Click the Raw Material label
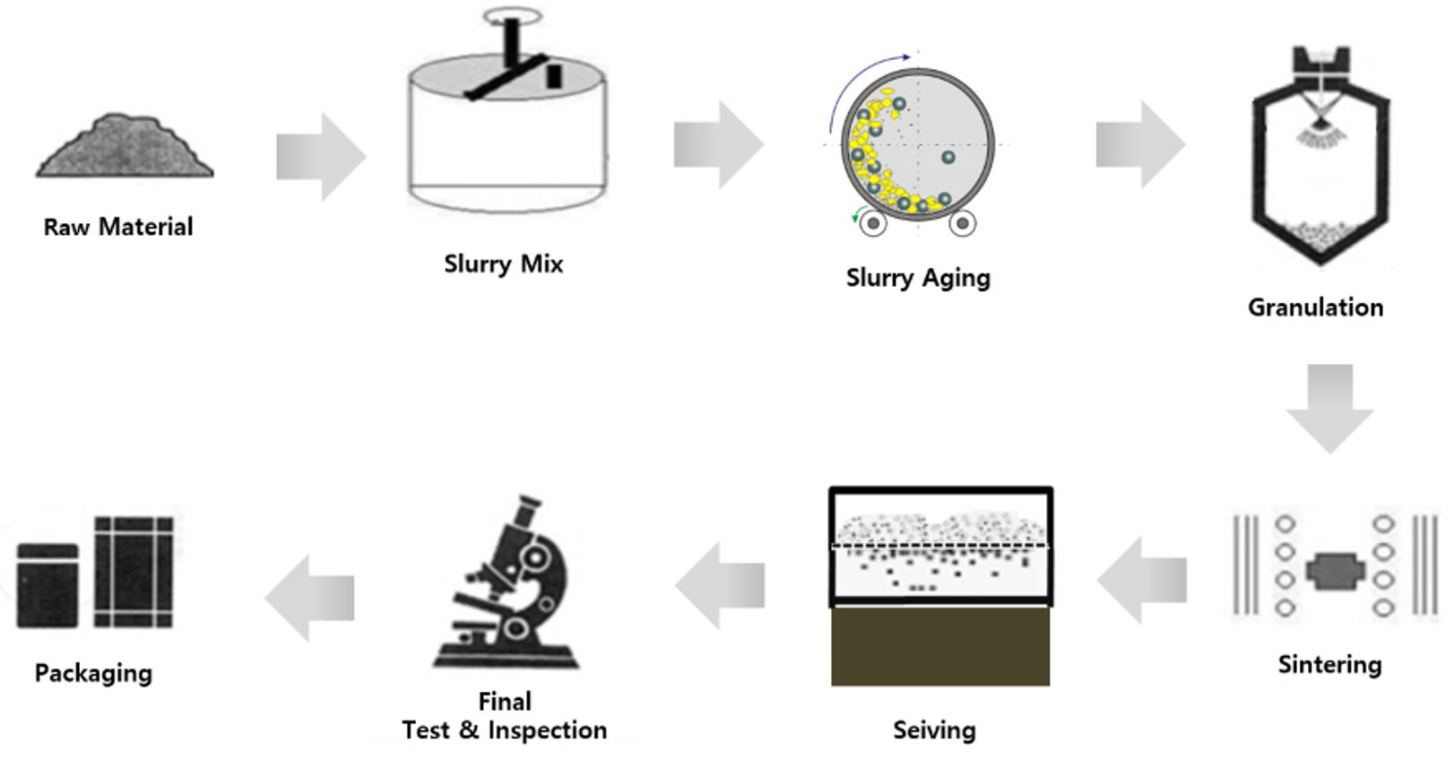pos(118,227)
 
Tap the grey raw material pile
pos(125,148)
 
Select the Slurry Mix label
pos(504,263)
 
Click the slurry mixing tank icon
pos(506,134)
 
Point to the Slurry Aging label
pos(918,277)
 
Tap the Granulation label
pos(1315,307)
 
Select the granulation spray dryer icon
pos(1320,157)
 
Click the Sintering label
pos(1329,664)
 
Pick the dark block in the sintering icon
pos(1335,571)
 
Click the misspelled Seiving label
pos(934,730)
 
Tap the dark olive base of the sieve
pos(940,646)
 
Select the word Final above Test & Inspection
pos(505,701)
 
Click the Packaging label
pos(93,673)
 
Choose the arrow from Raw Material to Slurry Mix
pos(320,157)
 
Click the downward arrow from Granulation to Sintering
pos(1329,406)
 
